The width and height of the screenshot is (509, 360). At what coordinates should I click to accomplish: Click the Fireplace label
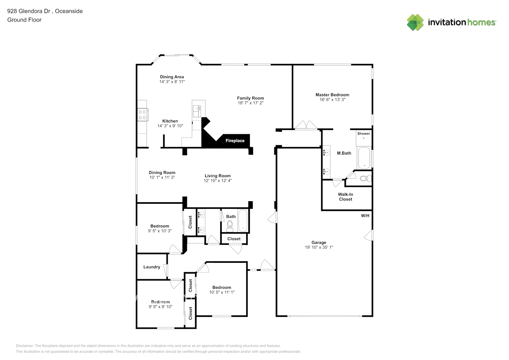point(235,141)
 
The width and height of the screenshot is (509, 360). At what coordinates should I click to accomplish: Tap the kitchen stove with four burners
point(142,115)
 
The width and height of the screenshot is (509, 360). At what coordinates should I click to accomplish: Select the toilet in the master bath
point(365,178)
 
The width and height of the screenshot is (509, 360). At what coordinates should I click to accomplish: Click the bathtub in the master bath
point(364,158)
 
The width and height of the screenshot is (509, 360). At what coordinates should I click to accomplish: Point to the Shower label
point(364,134)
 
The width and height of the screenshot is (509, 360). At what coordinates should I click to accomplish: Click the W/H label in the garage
point(365,216)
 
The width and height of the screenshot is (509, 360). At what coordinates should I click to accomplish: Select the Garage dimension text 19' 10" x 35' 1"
point(319,247)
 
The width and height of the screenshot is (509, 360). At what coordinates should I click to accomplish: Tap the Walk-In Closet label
point(345,197)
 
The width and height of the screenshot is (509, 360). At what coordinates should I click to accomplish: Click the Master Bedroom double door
point(306,125)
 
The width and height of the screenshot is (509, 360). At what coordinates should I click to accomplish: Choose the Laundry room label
point(152,267)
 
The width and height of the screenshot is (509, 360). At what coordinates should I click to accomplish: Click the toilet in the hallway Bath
point(230,226)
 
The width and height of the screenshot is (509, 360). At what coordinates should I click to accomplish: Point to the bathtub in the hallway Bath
point(243,221)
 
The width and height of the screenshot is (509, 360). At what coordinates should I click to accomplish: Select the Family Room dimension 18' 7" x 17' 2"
point(250,103)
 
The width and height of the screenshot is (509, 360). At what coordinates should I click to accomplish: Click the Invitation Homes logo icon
point(415,22)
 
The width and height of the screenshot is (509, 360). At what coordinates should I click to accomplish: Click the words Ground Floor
point(24,20)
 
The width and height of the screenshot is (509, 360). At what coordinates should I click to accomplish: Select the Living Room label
point(217,176)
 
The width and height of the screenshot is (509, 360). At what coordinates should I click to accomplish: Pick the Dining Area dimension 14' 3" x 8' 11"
point(172,82)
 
